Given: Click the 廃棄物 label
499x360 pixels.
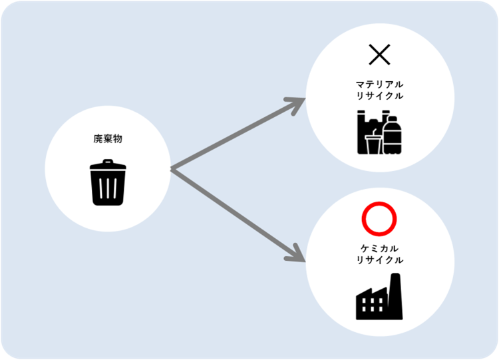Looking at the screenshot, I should [107, 140].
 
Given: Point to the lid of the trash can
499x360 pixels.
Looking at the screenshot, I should [107, 164].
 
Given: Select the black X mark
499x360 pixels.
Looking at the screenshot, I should [379, 55].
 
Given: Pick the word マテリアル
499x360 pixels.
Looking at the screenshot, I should [379, 85].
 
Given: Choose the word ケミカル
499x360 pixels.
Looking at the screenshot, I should [379, 248].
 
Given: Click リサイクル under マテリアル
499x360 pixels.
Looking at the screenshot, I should [379, 96].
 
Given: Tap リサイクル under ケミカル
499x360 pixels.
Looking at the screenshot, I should [379, 260].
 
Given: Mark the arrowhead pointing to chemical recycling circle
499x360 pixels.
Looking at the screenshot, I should [295, 252].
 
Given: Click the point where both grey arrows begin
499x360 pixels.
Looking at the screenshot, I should [172, 170].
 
